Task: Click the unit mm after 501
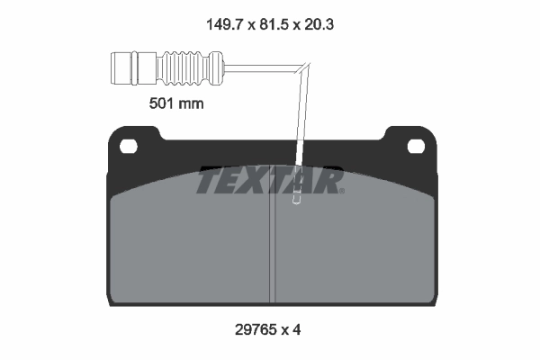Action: (x=191, y=103)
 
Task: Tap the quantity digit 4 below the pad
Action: (x=296, y=329)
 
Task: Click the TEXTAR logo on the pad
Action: (x=270, y=182)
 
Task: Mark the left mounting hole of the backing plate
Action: (x=127, y=146)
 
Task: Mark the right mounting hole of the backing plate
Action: (x=416, y=146)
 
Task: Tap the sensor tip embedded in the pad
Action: (x=294, y=202)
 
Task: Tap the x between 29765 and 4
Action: (x=284, y=329)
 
